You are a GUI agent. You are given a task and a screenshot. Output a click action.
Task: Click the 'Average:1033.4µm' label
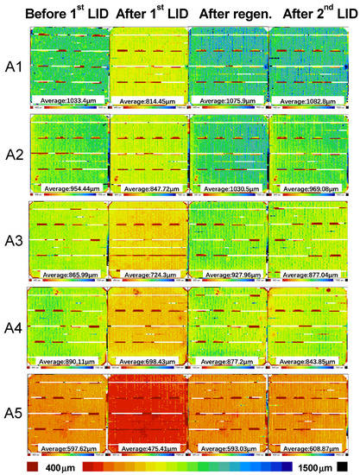67,101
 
